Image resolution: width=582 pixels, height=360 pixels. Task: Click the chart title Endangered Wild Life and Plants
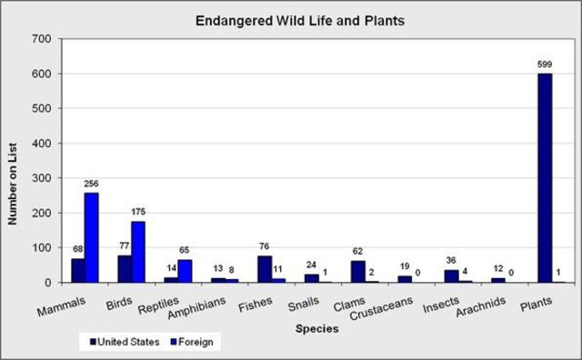tap(290, 19)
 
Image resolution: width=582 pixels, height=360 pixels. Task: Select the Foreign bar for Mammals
tap(91, 237)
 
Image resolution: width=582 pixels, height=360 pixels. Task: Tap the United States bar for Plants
tap(545, 178)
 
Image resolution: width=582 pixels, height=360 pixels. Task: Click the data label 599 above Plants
tap(545, 65)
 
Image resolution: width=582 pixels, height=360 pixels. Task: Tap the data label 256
tap(91, 184)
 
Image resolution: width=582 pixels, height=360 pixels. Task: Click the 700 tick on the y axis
tap(40, 39)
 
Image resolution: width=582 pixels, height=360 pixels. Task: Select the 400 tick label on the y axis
tap(40, 144)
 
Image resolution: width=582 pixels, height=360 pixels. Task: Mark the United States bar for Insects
tap(451, 276)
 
